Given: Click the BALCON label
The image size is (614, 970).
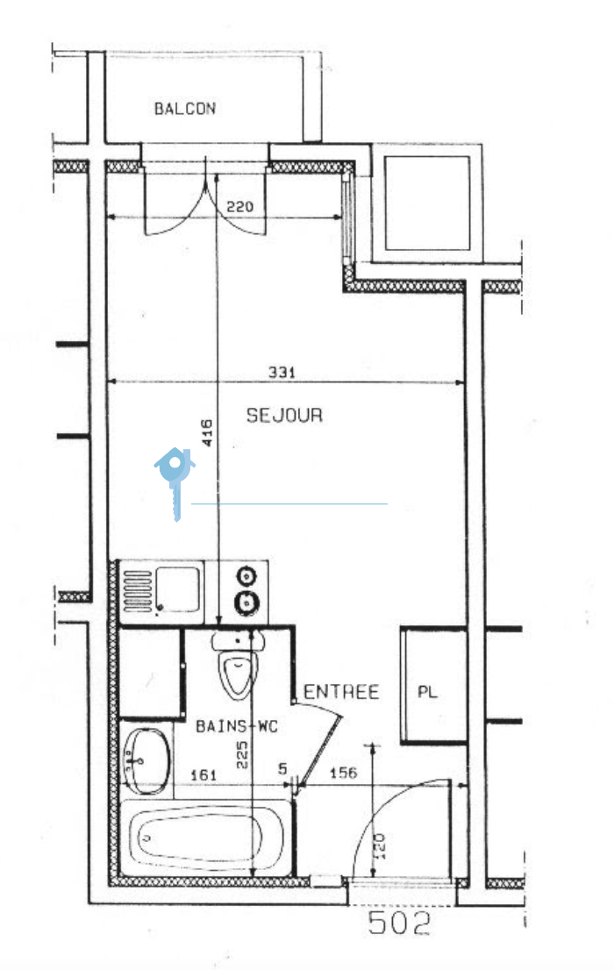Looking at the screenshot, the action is pyautogui.click(x=184, y=109).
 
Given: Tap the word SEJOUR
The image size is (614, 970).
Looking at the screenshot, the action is pyautogui.click(x=284, y=415).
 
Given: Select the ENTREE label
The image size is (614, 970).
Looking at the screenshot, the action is pyautogui.click(x=341, y=692).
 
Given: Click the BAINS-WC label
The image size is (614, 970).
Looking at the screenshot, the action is pyautogui.click(x=237, y=725).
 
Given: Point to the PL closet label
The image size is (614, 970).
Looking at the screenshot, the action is pyautogui.click(x=427, y=692).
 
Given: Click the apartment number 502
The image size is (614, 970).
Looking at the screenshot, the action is pyautogui.click(x=398, y=923).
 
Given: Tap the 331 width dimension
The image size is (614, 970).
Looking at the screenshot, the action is pyautogui.click(x=282, y=373).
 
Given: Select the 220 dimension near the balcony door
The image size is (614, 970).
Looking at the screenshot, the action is pyautogui.click(x=239, y=207).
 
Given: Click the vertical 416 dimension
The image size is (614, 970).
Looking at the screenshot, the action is pyautogui.click(x=207, y=433).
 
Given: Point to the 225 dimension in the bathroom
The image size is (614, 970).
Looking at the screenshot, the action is pyautogui.click(x=242, y=755).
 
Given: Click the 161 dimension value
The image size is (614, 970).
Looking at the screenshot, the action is pyautogui.click(x=203, y=775).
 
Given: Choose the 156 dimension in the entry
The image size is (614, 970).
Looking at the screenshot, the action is pyautogui.click(x=343, y=773).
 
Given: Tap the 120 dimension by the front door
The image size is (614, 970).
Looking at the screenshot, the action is pyautogui.click(x=380, y=845).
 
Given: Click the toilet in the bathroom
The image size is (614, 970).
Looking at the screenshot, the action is pyautogui.click(x=239, y=665).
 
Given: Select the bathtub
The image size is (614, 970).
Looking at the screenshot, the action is pyautogui.click(x=205, y=838).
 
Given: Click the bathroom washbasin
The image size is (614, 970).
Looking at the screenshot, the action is pyautogui.click(x=147, y=761).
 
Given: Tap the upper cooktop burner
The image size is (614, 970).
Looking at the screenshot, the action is pyautogui.click(x=247, y=576).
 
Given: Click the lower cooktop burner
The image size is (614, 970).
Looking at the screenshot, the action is pyautogui.click(x=247, y=602).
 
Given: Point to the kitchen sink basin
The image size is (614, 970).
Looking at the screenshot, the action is pyautogui.click(x=178, y=589).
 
